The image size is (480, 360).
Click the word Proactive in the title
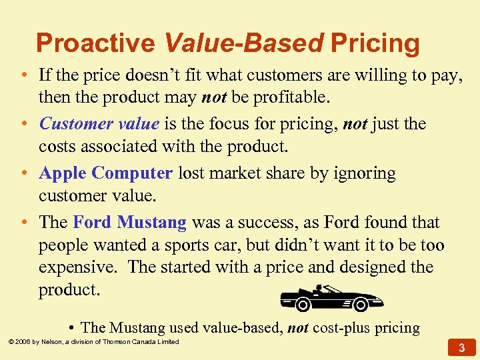pyautogui.click(x=95, y=43)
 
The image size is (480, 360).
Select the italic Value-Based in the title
pyautogui.click(x=243, y=43)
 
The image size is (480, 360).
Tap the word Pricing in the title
pyautogui.click(x=375, y=43)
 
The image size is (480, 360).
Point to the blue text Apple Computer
pyautogui.click(x=106, y=173)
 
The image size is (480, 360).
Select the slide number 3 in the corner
pyautogui.click(x=461, y=347)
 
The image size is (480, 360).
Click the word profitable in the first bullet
pyautogui.click(x=293, y=99)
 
